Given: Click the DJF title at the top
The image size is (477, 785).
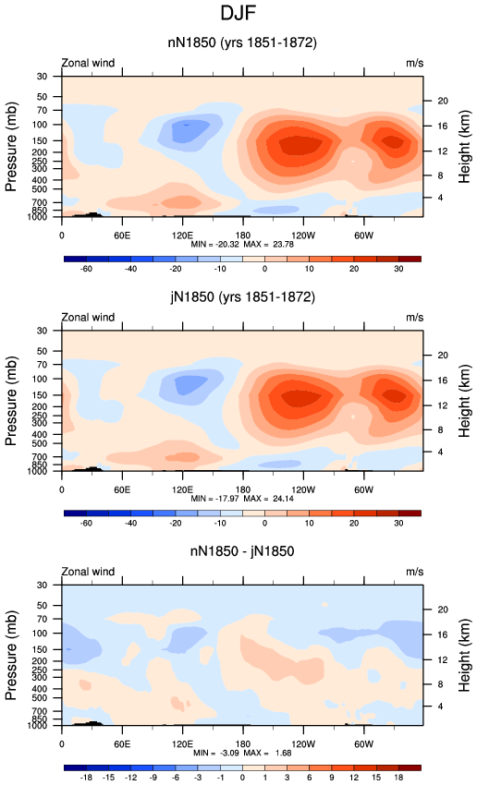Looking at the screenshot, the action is click(238, 13).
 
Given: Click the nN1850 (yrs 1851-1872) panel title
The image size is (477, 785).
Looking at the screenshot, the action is click(242, 42).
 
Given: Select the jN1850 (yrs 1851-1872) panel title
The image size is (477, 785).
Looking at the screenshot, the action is click(242, 296).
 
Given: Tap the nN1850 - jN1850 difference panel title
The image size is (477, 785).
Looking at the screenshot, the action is click(242, 551).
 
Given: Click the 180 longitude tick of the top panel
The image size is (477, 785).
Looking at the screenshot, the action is click(242, 235).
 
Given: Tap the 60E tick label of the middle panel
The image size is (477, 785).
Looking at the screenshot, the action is click(122, 489).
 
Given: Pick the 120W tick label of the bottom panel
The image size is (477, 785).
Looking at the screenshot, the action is click(303, 744).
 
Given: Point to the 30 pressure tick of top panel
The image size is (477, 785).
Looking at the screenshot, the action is click(42, 76).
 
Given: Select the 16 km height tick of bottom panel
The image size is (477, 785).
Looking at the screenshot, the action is click(443, 634).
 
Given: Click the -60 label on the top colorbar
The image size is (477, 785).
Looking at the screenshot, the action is click(86, 269).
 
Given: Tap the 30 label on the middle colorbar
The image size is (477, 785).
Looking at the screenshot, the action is click(398, 523).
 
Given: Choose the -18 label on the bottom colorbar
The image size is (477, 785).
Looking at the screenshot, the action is click(86, 778).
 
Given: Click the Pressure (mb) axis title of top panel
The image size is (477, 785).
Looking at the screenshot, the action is click(11, 147).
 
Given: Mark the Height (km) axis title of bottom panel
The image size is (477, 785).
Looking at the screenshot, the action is click(464, 656).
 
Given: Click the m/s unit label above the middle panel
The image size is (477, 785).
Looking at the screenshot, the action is click(414, 318).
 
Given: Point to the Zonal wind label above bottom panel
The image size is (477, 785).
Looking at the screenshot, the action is click(88, 572).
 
